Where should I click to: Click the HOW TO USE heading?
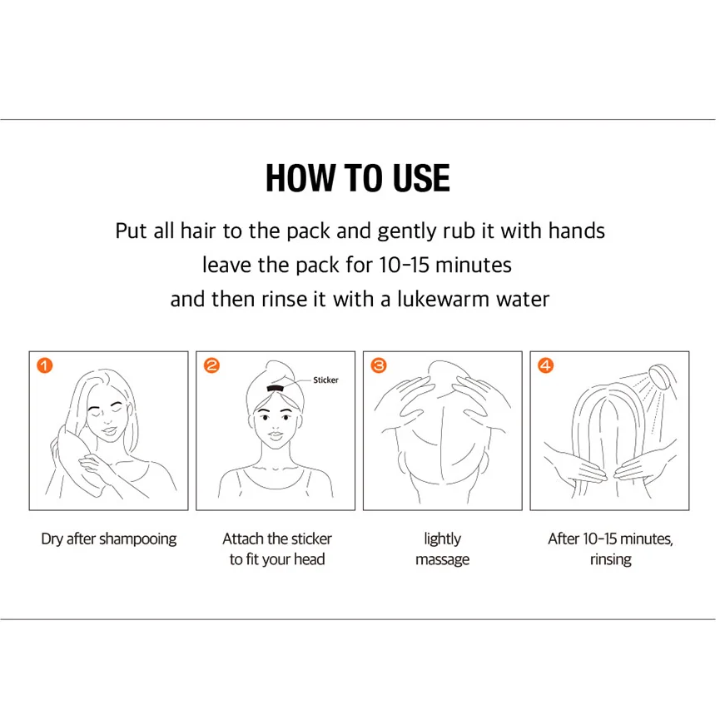(x=358, y=178)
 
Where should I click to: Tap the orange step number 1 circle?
(x=45, y=366)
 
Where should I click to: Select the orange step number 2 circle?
(x=211, y=366)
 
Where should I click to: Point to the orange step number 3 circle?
(x=379, y=366)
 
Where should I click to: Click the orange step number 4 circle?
(x=546, y=366)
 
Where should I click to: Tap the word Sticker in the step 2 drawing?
(x=325, y=380)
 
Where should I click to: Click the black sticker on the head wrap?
(x=275, y=389)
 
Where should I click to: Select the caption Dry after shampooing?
(x=109, y=539)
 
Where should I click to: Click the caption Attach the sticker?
(x=277, y=539)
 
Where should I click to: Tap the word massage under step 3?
(x=443, y=559)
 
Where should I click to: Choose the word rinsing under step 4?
(x=611, y=559)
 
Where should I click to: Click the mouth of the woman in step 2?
(x=275, y=434)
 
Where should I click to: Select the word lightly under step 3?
(x=443, y=539)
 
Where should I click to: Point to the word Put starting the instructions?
(x=131, y=231)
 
